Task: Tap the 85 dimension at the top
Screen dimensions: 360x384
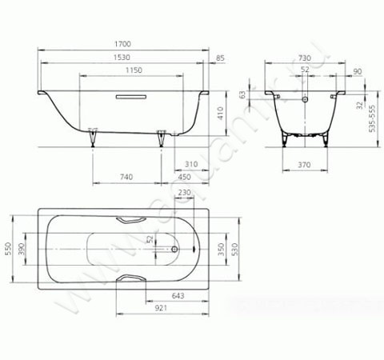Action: click(220, 59)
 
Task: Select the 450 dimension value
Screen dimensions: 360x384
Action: click(183, 177)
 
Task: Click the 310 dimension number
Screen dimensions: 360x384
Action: click(190, 162)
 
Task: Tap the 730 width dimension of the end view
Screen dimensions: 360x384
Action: click(304, 58)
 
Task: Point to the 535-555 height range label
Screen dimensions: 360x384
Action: click(371, 118)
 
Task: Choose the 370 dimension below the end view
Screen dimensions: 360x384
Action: click(305, 164)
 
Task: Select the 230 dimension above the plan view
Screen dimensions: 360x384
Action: click(184, 192)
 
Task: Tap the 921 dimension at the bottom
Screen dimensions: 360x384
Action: click(160, 307)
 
